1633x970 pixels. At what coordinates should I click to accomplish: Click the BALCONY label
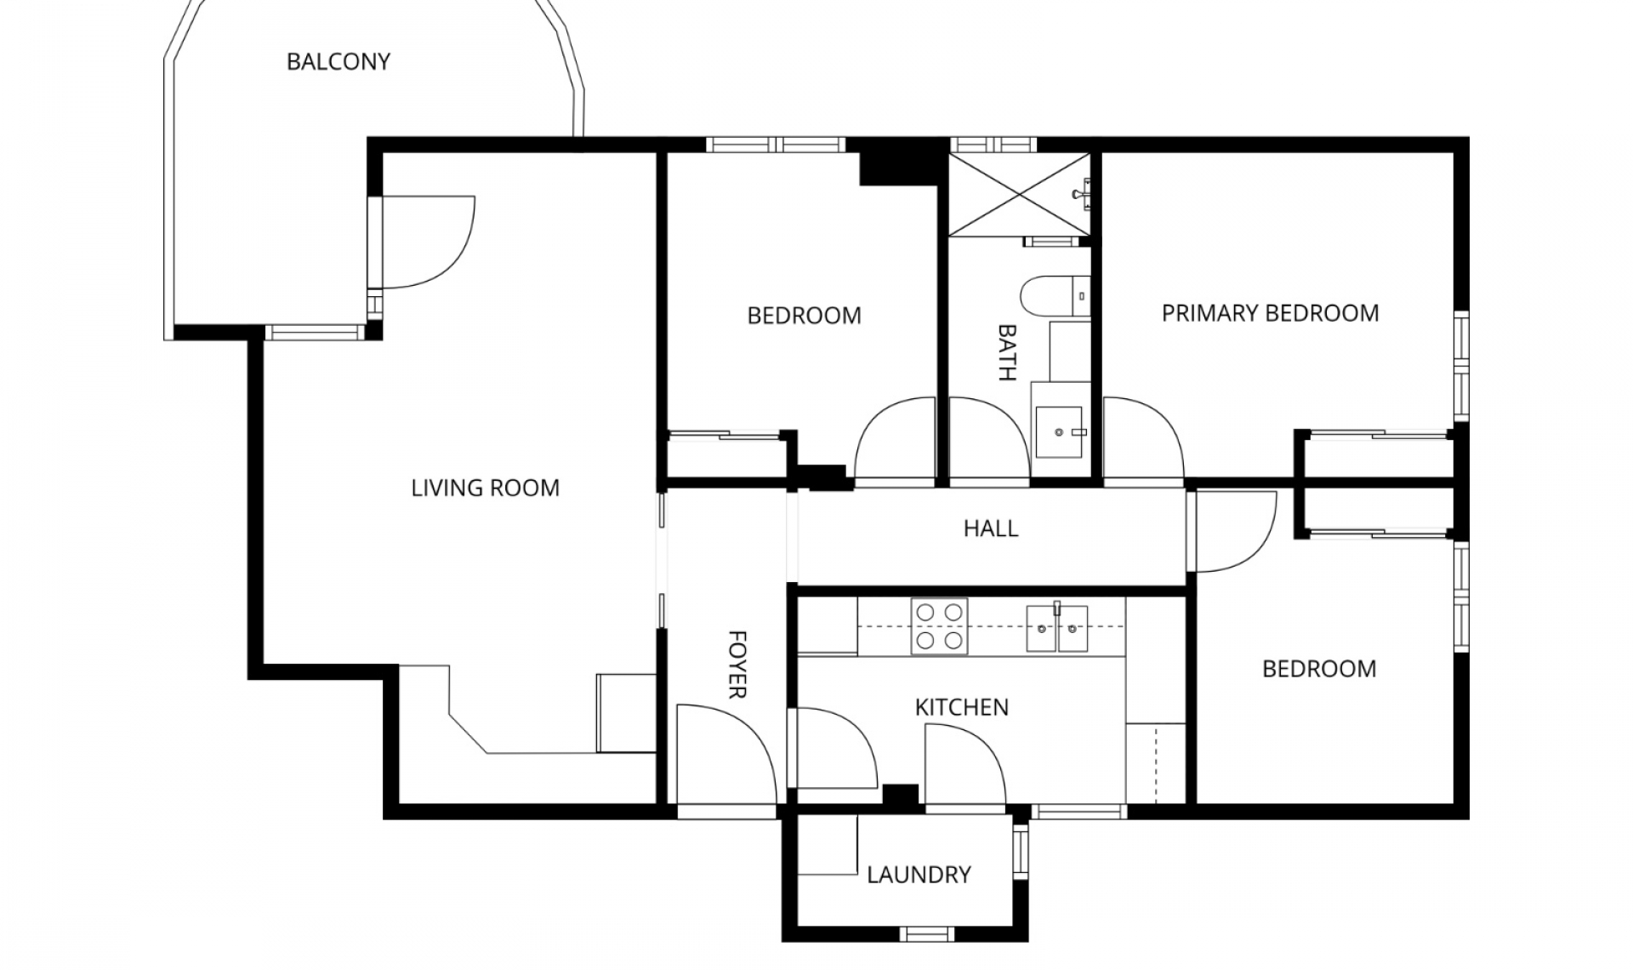pyautogui.click(x=338, y=62)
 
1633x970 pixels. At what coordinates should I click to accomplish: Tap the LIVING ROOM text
pyautogui.click(x=485, y=488)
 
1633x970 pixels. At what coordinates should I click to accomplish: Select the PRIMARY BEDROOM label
pyautogui.click(x=1270, y=313)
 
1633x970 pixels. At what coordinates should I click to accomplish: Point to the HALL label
pyautogui.click(x=990, y=528)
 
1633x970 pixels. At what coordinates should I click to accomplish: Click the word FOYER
pyautogui.click(x=737, y=665)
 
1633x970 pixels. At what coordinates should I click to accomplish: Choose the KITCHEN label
pyautogui.click(x=961, y=707)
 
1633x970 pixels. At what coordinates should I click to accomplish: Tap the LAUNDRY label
pyautogui.click(x=919, y=875)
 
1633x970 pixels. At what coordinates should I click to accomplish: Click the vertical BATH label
pyautogui.click(x=1006, y=352)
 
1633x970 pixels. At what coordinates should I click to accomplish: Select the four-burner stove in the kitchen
pyautogui.click(x=939, y=626)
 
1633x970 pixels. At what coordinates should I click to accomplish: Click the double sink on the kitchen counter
pyautogui.click(x=1056, y=628)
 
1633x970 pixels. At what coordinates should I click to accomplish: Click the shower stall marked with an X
pyautogui.click(x=1018, y=195)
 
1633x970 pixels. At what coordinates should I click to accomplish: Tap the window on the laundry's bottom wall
pyautogui.click(x=926, y=934)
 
